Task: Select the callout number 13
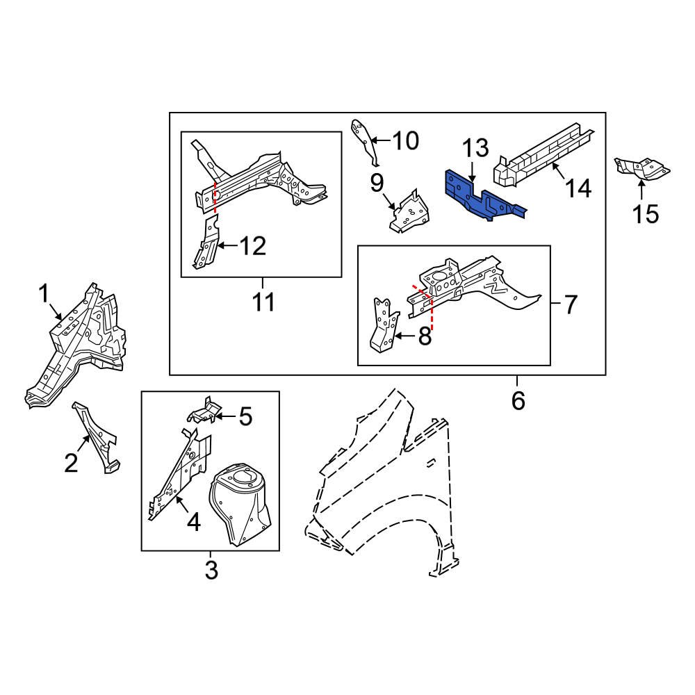pyautogui.click(x=477, y=148)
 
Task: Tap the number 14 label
pyautogui.click(x=578, y=188)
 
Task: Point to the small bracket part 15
pyautogui.click(x=643, y=167)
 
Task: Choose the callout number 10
pyautogui.click(x=406, y=142)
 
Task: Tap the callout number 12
pyautogui.click(x=253, y=246)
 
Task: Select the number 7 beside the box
pyautogui.click(x=570, y=304)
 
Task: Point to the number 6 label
pyautogui.click(x=518, y=400)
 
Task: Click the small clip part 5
pyautogui.click(x=202, y=411)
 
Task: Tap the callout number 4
pyautogui.click(x=193, y=521)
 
